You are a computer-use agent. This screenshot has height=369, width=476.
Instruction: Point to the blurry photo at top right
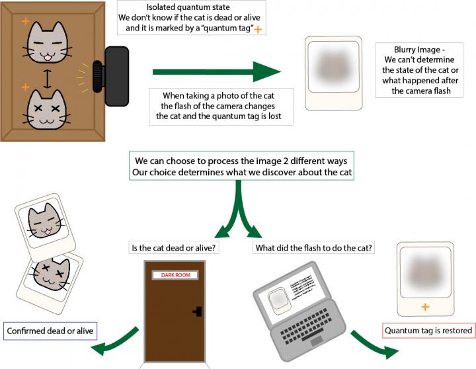[333, 72]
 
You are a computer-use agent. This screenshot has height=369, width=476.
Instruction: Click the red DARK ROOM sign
[176, 274]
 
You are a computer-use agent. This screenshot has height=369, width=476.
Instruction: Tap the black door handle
[196, 311]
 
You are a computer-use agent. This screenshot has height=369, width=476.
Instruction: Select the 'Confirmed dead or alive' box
[50, 330]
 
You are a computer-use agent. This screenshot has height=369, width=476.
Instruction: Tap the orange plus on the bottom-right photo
[424, 307]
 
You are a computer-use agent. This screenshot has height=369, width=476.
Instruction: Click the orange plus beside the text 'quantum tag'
[258, 29]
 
